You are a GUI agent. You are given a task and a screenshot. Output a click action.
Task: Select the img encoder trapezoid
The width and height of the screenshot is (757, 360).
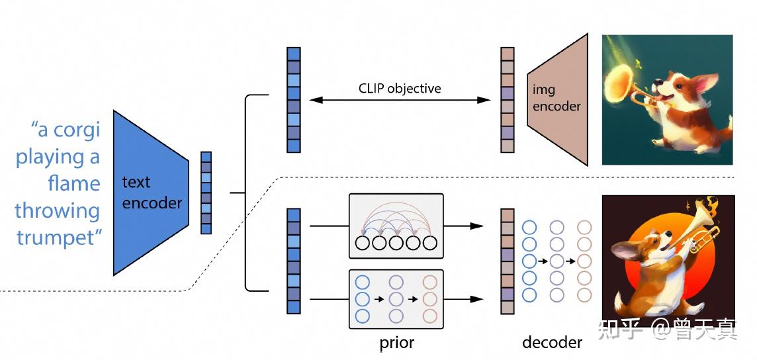pyautogui.click(x=558, y=99)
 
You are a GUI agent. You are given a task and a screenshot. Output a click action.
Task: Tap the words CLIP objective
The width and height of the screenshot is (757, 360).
pyautogui.click(x=400, y=88)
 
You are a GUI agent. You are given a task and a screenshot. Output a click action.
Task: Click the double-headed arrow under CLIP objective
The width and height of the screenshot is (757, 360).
pyautogui.click(x=400, y=100)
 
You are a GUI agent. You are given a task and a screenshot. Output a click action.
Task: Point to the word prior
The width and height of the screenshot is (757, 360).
pyautogui.click(x=396, y=343)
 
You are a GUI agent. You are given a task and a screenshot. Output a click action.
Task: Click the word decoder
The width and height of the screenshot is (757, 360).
pyautogui.click(x=553, y=342)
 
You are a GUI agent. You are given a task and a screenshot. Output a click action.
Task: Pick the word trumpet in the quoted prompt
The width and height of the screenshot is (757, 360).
pyautogui.click(x=60, y=238)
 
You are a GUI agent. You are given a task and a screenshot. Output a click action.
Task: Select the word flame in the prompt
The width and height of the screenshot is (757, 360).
pyautogui.click(x=74, y=183)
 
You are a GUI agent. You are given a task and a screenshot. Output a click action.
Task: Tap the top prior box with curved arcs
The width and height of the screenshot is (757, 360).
pyautogui.click(x=396, y=226)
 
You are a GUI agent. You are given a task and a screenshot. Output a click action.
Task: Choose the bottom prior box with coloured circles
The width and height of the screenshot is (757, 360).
pyautogui.click(x=396, y=299)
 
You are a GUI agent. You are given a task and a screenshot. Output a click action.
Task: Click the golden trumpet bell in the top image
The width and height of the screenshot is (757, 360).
pyautogui.click(x=619, y=85)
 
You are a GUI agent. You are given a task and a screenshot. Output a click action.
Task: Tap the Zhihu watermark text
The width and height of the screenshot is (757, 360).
pyautogui.click(x=668, y=329)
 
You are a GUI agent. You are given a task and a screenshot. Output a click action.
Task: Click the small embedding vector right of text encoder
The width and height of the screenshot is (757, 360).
pyautogui.click(x=206, y=193)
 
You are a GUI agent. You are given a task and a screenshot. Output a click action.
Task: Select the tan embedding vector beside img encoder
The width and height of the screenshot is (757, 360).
pyautogui.click(x=508, y=100)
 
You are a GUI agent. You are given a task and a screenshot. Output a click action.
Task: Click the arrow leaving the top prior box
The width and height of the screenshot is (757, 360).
pyautogui.click(x=463, y=226)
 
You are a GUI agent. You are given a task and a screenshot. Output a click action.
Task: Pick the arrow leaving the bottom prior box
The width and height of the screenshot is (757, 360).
pyautogui.click(x=463, y=299)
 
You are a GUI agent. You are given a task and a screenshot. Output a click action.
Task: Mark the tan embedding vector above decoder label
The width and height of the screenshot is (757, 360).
pyautogui.click(x=508, y=261)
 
